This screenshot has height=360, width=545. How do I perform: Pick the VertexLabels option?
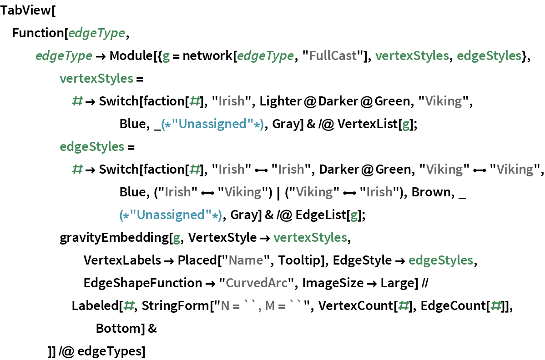tap(122, 260)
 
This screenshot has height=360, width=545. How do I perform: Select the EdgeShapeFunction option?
tap(142, 283)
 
